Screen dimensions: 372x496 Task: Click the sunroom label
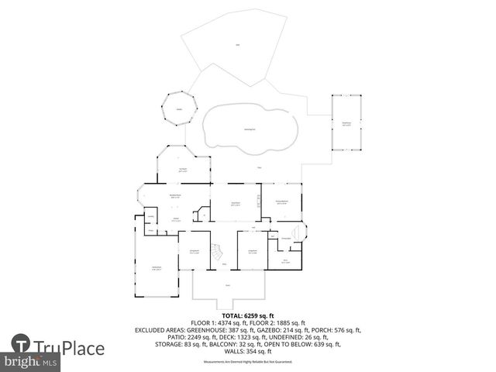[184, 169]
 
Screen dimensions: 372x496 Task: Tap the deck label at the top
[237, 45]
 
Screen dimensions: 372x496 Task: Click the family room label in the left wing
[156, 267]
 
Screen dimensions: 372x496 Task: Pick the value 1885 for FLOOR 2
[290, 322]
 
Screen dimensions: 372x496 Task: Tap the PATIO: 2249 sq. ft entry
[164, 337]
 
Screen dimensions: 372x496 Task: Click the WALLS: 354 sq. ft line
[248, 351]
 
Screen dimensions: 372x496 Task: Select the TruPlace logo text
[70, 347]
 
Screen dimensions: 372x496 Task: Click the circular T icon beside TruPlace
[21, 344]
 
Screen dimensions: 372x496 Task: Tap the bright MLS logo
[31, 362]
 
